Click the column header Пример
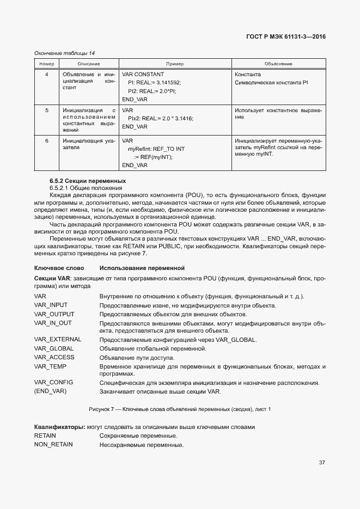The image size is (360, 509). pos(175,64)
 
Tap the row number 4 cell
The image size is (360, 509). pos(46,74)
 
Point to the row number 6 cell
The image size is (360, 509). pos(46,140)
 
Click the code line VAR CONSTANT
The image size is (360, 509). pos(143,74)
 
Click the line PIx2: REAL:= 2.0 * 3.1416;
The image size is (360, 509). pos(160,118)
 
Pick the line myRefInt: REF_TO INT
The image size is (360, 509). pos(156,149)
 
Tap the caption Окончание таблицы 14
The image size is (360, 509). pos(64,53)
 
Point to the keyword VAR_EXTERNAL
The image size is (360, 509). pos(58,340)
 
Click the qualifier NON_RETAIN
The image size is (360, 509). pos(53,445)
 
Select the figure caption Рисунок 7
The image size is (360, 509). pos(179,408)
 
